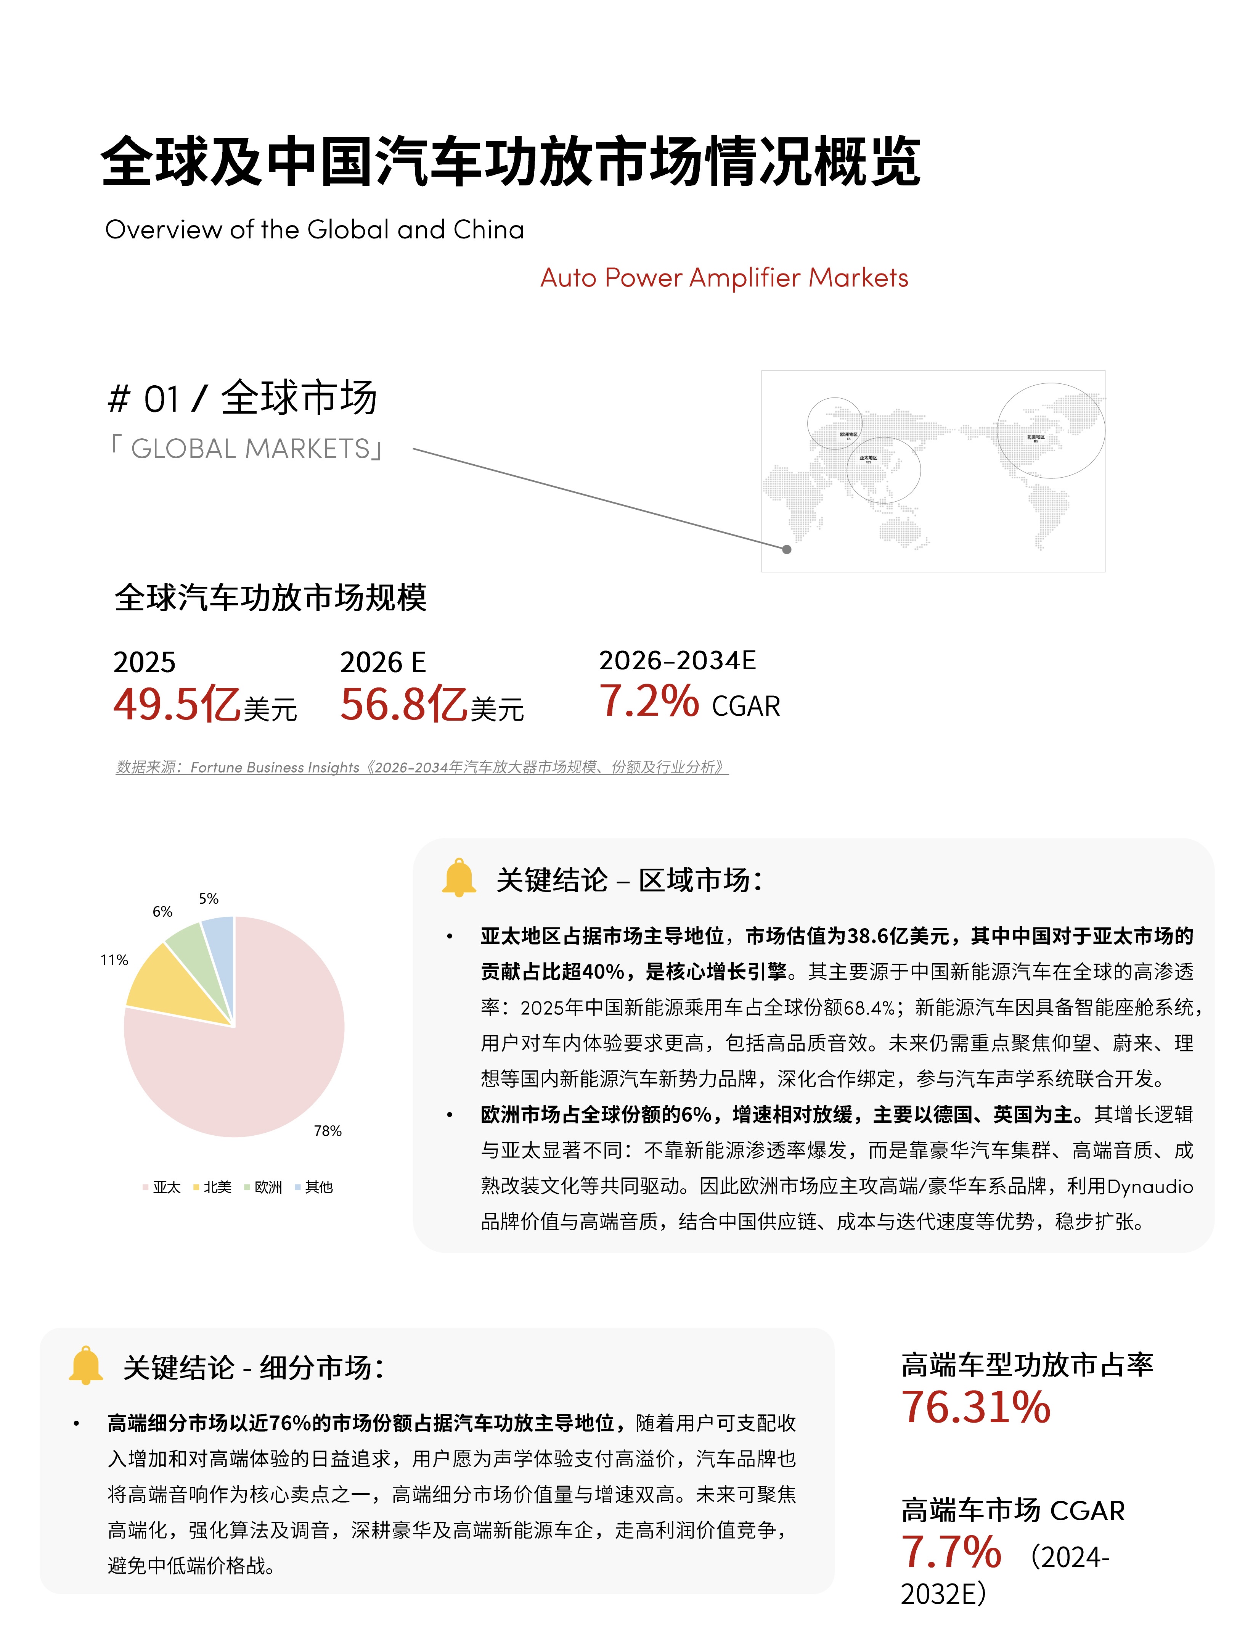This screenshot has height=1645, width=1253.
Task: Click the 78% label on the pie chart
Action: (x=328, y=1131)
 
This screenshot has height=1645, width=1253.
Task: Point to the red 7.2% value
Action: (x=649, y=701)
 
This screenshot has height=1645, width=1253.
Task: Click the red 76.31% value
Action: (x=975, y=1408)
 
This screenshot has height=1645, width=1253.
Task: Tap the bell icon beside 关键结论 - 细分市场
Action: (x=86, y=1366)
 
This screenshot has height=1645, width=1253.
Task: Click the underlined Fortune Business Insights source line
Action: (x=421, y=767)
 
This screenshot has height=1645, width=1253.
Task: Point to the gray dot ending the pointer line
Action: (x=787, y=549)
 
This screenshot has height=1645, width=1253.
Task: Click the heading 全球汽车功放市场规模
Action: (x=271, y=597)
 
